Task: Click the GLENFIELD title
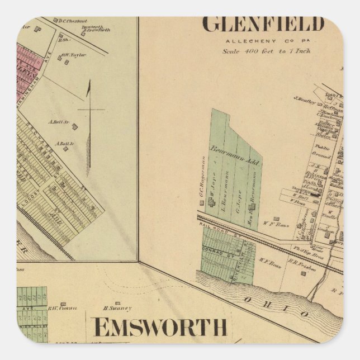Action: tap(263, 25)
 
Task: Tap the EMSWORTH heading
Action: tap(160, 327)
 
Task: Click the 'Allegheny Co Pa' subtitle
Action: tap(263, 41)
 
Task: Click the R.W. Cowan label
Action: tap(61, 308)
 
